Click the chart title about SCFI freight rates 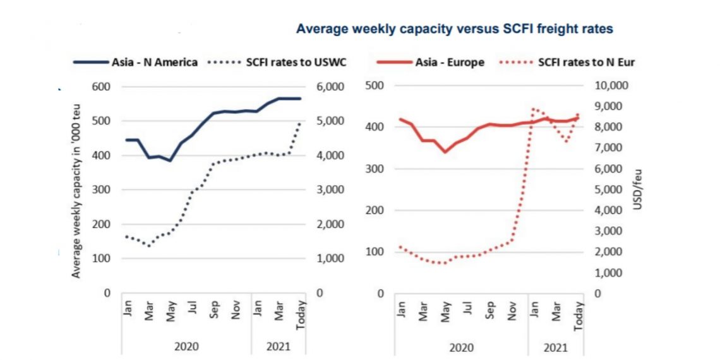tap(455, 28)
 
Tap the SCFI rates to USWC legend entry tap(296, 62)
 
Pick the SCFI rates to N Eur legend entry tap(586, 62)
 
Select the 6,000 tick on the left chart tap(329, 87)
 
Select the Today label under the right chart tap(578, 315)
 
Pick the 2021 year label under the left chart tap(278, 347)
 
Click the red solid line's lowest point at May tap(445, 152)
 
